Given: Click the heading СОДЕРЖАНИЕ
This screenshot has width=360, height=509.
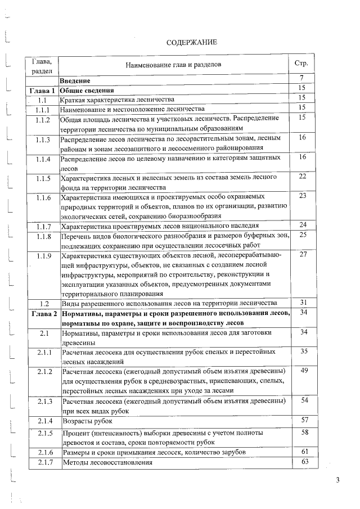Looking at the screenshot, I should pyautogui.click(x=192, y=42).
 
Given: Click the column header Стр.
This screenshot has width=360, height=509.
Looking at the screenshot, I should pyautogui.click(x=301, y=64).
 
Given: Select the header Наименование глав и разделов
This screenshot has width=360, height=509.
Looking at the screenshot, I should pyautogui.click(x=173, y=65).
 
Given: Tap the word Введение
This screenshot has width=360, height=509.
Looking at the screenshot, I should pyautogui.click(x=75, y=80).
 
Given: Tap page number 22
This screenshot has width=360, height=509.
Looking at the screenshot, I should pyautogui.click(x=302, y=177).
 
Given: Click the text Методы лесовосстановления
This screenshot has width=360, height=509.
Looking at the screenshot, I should pyautogui.click(x=107, y=462).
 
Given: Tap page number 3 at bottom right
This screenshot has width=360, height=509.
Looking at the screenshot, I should pyautogui.click(x=337, y=480).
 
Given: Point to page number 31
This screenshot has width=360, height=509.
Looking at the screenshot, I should pyautogui.click(x=303, y=302).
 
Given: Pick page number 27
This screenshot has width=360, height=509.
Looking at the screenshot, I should pyautogui.click(x=303, y=255).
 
